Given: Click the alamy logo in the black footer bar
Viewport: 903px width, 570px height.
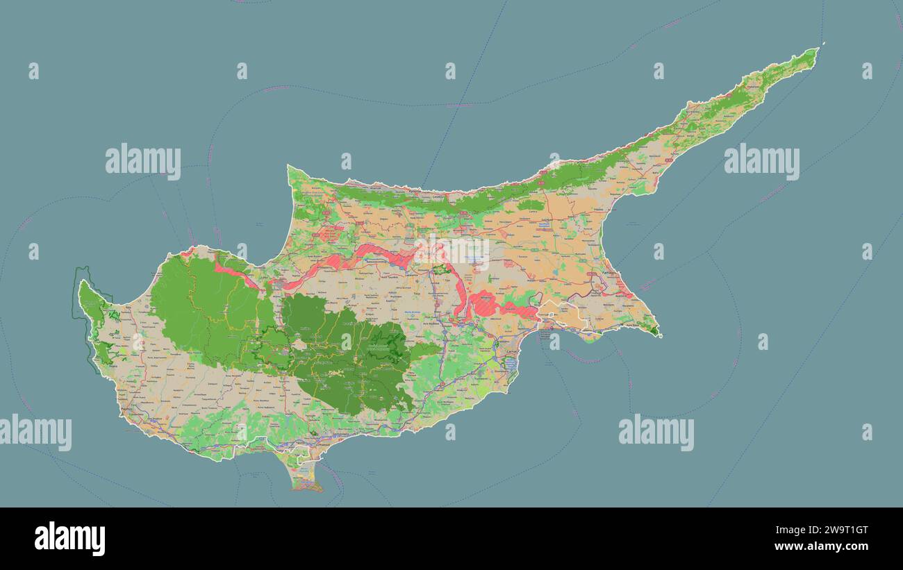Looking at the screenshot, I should pos(69,539).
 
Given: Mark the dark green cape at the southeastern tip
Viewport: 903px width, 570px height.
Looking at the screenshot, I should pos(654,331).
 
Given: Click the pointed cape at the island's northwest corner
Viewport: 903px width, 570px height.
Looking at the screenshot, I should pos(290,168).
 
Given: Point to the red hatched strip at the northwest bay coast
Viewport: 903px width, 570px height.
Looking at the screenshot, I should pos(236,272).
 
